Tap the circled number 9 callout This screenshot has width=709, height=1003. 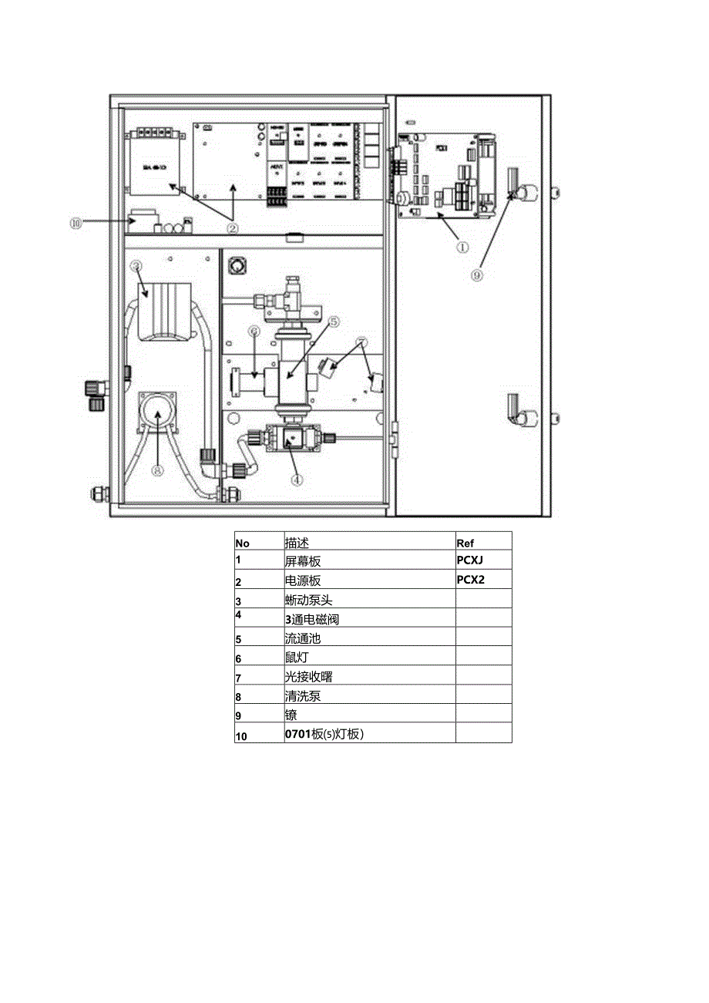pyautogui.click(x=478, y=276)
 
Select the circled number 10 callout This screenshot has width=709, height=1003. pyautogui.click(x=75, y=223)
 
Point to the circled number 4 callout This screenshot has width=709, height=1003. pyautogui.click(x=297, y=479)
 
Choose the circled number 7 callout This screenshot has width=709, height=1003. pyautogui.click(x=361, y=342)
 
